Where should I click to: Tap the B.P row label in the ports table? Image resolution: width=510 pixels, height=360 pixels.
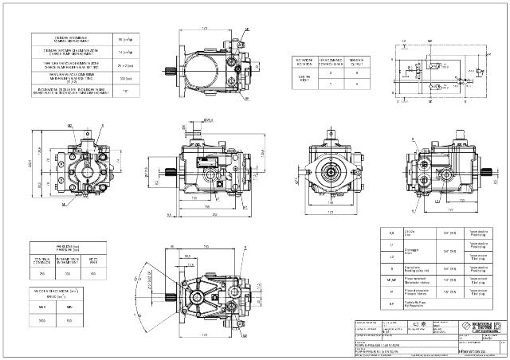point(390,303)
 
